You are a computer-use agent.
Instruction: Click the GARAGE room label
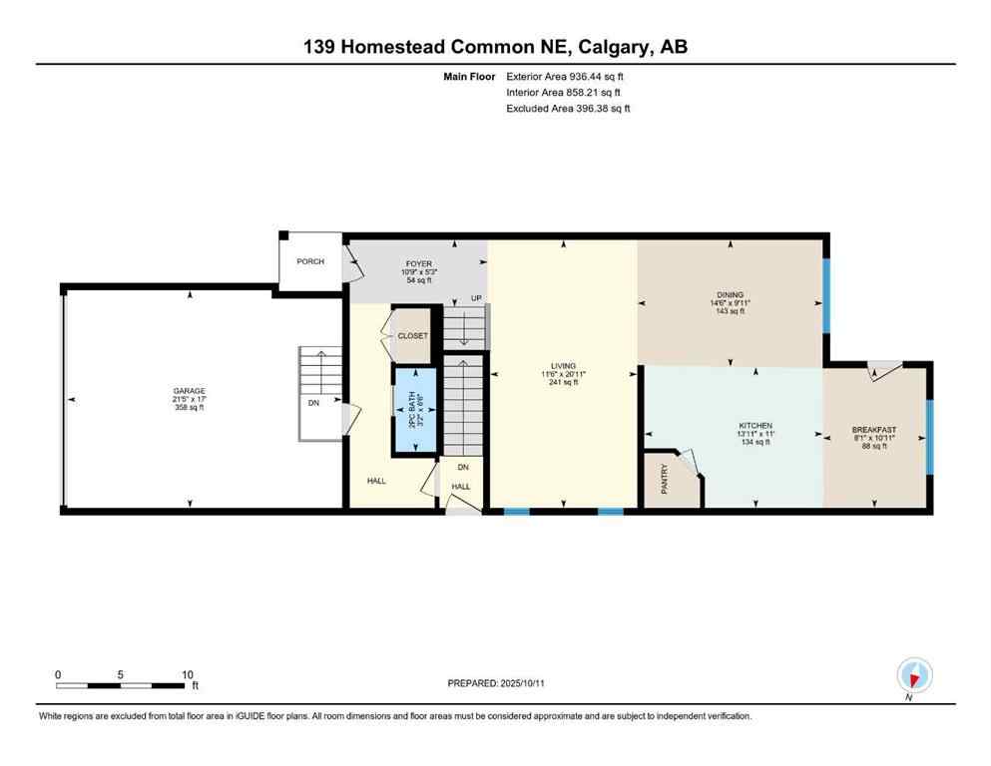188,391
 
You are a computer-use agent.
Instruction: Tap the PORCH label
310,262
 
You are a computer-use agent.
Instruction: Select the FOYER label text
418,264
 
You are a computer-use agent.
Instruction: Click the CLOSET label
412,336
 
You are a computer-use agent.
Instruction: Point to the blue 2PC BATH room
414,410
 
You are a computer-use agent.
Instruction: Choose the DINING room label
731,295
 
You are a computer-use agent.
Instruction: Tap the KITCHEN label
755,426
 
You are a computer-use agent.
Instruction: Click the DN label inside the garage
313,404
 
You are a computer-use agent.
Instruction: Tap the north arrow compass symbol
914,675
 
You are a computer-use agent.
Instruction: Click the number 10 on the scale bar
187,674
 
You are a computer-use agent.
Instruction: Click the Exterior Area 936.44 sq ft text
569,75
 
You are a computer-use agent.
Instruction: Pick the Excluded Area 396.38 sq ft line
569,108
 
